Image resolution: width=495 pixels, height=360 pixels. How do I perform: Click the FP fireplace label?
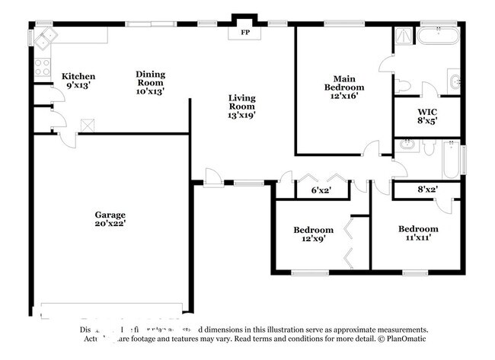[245, 33]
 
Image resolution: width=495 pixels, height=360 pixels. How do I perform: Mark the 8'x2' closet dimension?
[427, 190]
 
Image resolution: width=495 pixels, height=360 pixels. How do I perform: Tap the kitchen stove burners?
[41, 68]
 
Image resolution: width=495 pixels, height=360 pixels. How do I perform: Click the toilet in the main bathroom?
[404, 84]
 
